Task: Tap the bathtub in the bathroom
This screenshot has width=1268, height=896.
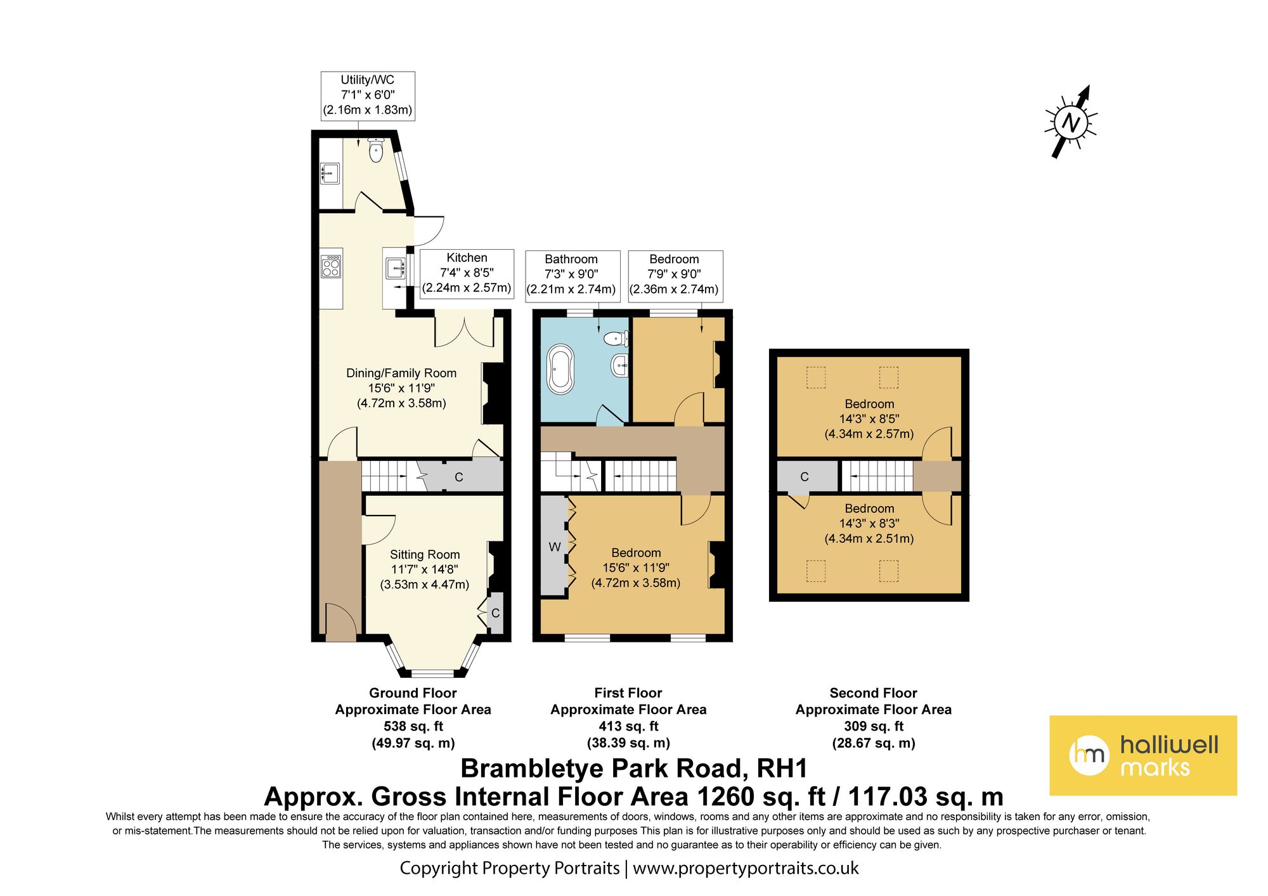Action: [560, 369]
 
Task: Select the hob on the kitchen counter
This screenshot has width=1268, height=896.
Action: [331, 266]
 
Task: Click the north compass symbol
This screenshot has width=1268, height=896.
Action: [1071, 122]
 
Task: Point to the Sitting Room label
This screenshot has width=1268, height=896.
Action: [425, 555]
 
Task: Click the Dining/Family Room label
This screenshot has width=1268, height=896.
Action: [401, 373]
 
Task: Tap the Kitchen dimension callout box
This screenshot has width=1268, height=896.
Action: [467, 273]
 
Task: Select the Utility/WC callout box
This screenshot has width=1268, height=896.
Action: [368, 95]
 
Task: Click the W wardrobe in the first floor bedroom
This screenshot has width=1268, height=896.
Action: [554, 547]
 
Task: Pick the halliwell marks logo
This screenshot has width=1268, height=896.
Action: [1143, 755]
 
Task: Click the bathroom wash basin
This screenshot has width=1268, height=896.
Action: [620, 365]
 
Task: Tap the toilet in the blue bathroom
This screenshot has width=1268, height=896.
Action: [616, 339]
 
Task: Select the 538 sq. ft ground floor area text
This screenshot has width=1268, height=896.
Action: [413, 726]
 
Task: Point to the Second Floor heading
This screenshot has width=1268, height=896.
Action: [873, 693]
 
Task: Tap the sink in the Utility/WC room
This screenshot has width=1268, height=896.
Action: [330, 173]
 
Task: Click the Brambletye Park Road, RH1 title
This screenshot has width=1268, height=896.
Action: [634, 769]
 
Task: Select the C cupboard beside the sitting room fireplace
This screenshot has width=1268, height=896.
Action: [495, 613]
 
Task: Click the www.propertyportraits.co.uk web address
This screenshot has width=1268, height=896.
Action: [746, 868]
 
